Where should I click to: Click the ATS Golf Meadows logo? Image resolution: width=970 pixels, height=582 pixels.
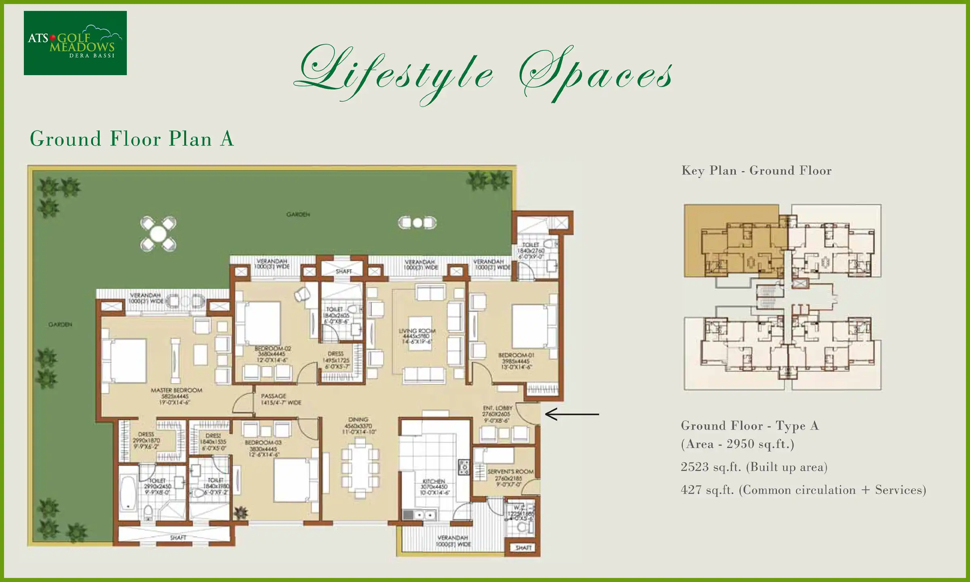(x=75, y=43)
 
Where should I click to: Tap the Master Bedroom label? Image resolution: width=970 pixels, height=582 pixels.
(x=176, y=396)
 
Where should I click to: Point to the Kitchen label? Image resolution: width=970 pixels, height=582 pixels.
(x=434, y=487)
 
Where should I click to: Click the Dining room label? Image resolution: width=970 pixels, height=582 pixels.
(x=358, y=426)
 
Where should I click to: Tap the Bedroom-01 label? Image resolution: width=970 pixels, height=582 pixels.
(x=516, y=361)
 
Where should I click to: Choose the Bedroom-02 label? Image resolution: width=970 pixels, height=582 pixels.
(x=272, y=354)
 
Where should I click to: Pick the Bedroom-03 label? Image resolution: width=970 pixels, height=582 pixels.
(x=263, y=449)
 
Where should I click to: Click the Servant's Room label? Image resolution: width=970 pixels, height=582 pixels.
(x=510, y=478)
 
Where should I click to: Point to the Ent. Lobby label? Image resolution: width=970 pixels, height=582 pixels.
(x=497, y=414)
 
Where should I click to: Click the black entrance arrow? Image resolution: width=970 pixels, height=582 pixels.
(x=571, y=414)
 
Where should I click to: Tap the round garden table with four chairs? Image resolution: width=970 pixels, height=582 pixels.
(x=158, y=234)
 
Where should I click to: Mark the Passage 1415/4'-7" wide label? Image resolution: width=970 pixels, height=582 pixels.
(x=280, y=399)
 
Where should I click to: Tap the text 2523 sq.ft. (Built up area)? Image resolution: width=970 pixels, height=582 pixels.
(x=754, y=467)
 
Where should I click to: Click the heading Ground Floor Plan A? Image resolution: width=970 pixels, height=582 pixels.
(x=132, y=139)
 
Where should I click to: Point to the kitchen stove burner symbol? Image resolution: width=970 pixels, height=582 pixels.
(x=464, y=467)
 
